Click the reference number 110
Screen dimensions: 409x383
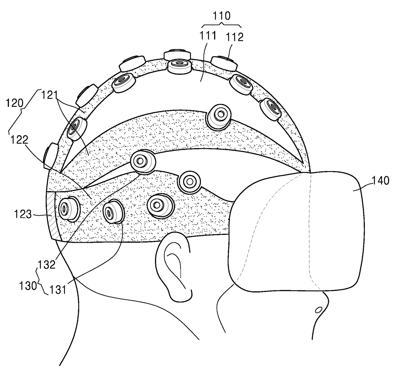click(x=221, y=16)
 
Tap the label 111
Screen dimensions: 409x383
click(x=208, y=36)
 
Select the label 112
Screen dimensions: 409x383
click(x=235, y=37)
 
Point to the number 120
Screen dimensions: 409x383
click(x=15, y=103)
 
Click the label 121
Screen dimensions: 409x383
click(x=49, y=95)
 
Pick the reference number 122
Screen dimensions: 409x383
click(x=19, y=140)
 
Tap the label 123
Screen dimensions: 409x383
click(x=23, y=214)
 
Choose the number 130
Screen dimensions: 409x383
click(x=28, y=286)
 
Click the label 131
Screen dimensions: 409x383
click(x=58, y=290)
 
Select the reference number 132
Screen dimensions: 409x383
click(x=47, y=265)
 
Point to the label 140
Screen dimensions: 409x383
click(x=380, y=180)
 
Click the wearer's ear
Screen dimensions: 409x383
click(x=174, y=267)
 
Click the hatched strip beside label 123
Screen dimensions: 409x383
click(x=53, y=215)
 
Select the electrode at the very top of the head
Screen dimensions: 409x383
click(x=179, y=66)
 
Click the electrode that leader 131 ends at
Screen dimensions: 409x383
click(x=113, y=212)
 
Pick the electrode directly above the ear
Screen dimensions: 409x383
click(x=160, y=206)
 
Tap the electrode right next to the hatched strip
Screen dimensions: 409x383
click(x=69, y=209)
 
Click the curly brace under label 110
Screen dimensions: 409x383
click(x=221, y=25)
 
